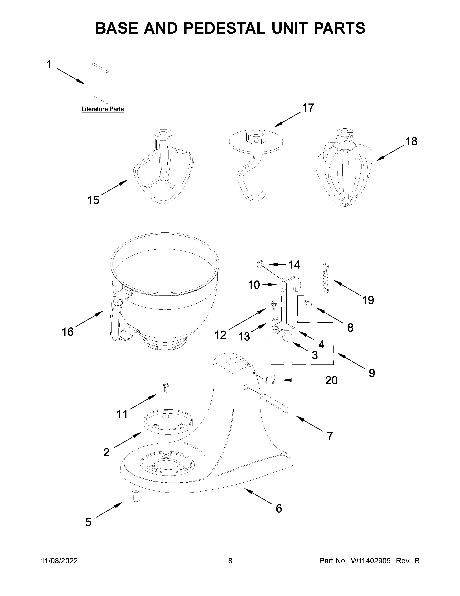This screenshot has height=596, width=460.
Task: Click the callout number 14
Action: point(294,265)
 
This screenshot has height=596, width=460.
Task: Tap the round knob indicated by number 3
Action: point(287,337)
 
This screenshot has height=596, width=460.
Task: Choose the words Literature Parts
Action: point(103,109)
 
